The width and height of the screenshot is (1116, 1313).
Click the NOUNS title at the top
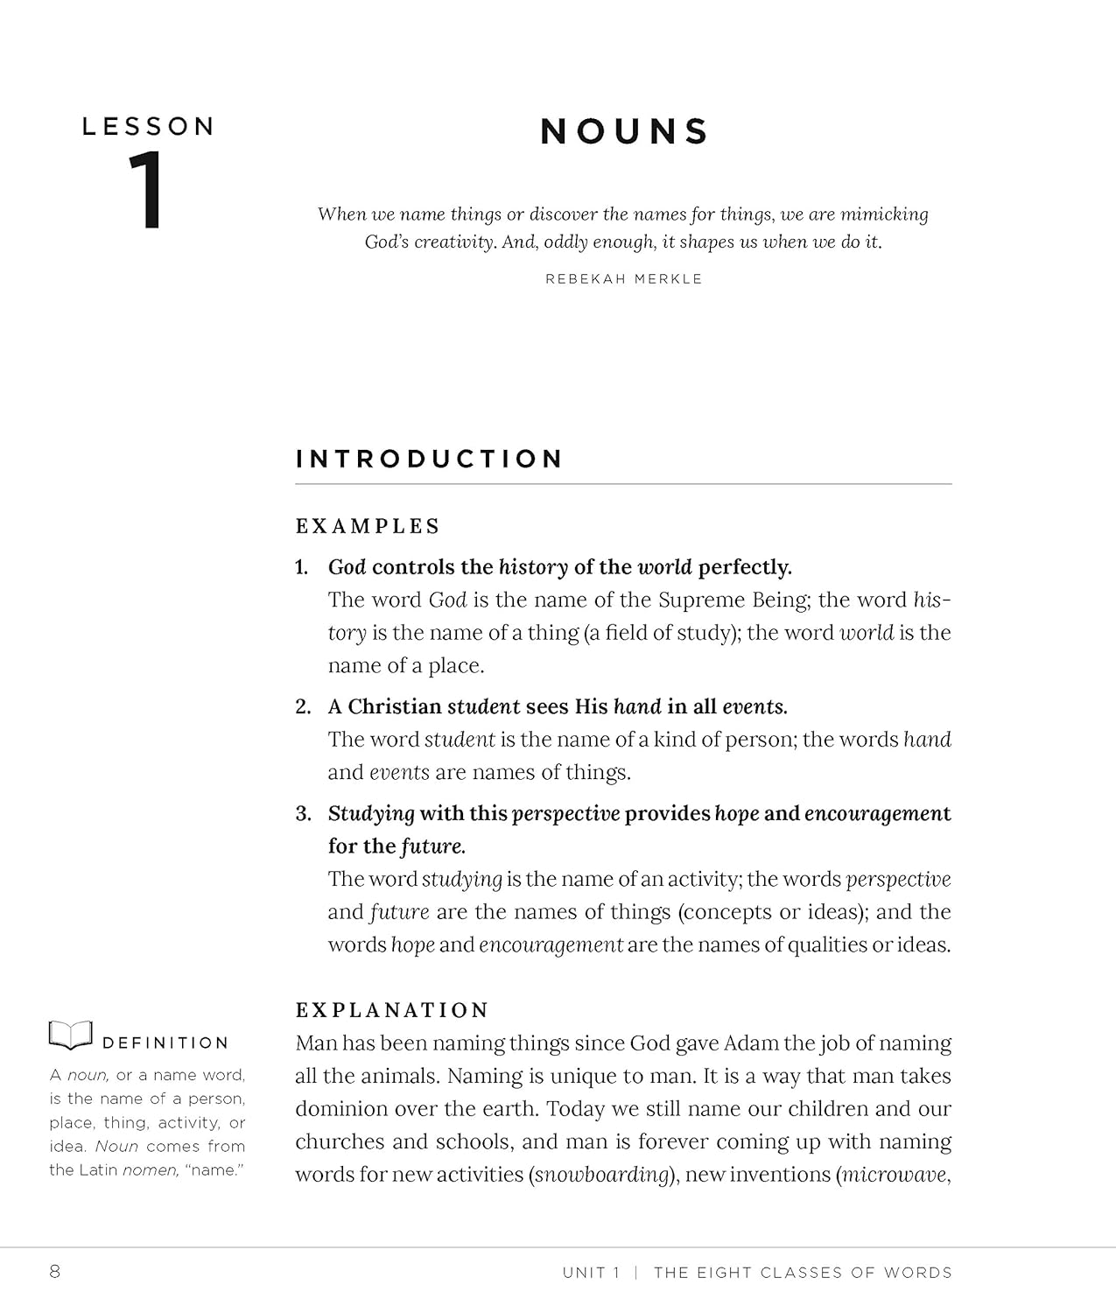pyautogui.click(x=624, y=132)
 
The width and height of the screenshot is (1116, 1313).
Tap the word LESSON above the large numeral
pyautogui.click(x=148, y=127)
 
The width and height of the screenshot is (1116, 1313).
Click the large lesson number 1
pyautogui.click(x=146, y=192)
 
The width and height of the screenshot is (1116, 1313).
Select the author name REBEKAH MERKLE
pyautogui.click(x=623, y=279)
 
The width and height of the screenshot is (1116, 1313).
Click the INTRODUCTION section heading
pyautogui.click(x=429, y=460)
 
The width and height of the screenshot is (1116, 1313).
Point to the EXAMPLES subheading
pyautogui.click(x=368, y=527)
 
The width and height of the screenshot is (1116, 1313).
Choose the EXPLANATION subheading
pyautogui.click(x=391, y=1010)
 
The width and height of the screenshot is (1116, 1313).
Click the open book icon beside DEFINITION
pyautogui.click(x=71, y=1036)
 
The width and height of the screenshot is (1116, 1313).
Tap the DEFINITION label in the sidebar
pyautogui.click(x=165, y=1043)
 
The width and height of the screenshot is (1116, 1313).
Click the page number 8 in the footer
pyautogui.click(x=55, y=1272)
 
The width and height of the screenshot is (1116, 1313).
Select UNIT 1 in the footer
pyautogui.click(x=591, y=1273)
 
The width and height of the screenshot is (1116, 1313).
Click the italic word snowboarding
pyautogui.click(x=602, y=1175)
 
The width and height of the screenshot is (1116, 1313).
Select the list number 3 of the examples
pyautogui.click(x=302, y=814)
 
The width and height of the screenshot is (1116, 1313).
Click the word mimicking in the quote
pyautogui.click(x=884, y=214)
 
